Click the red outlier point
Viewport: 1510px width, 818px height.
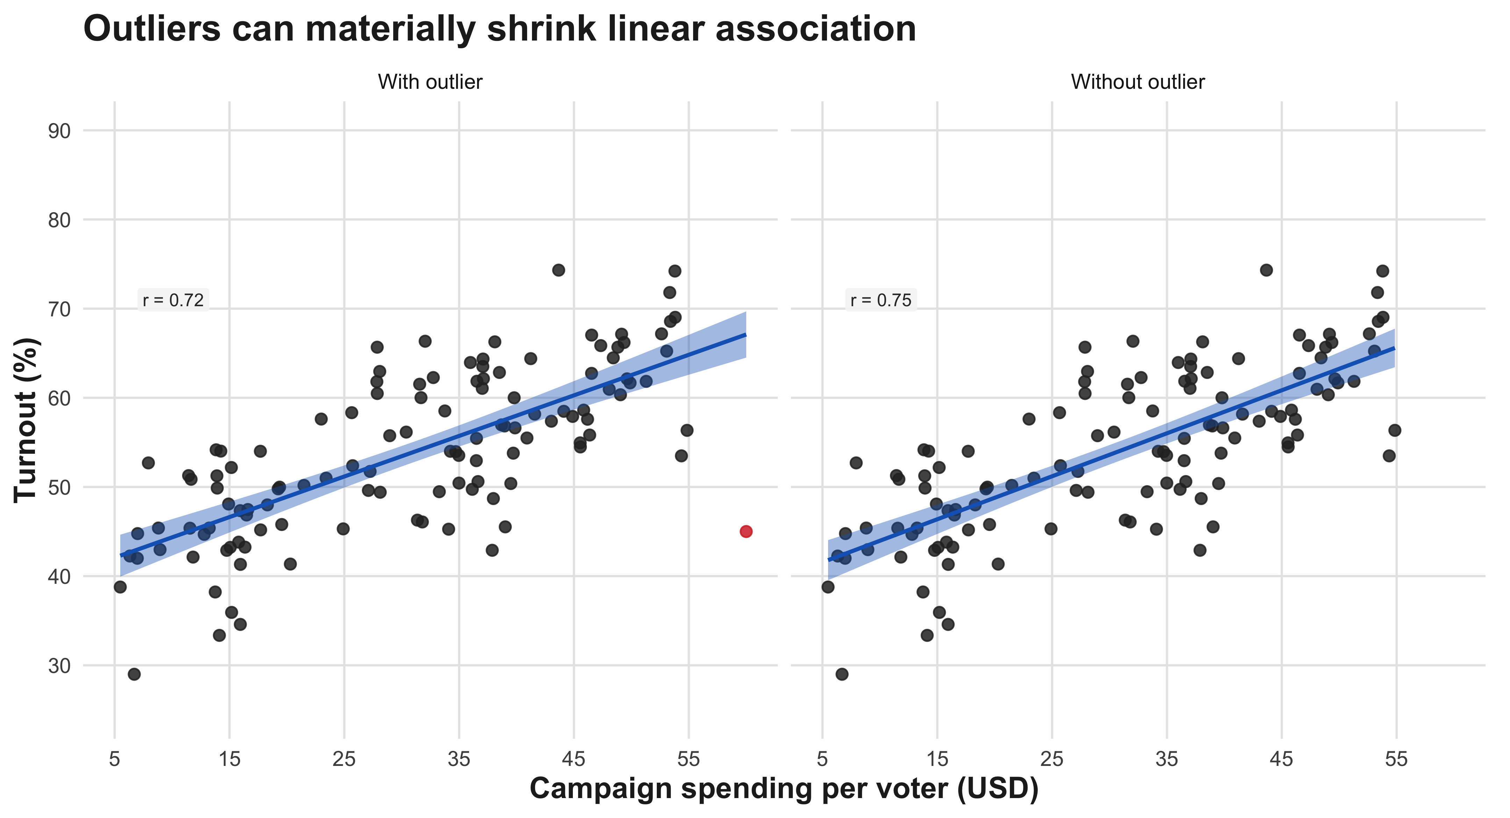click(746, 531)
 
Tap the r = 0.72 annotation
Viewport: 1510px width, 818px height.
click(173, 300)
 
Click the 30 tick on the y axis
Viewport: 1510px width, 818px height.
click(59, 666)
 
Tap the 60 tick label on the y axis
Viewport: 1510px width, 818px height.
click(59, 398)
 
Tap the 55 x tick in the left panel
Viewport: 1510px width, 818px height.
click(688, 760)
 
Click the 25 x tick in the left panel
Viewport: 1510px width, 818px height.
click(344, 760)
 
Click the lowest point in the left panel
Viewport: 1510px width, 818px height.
click(134, 674)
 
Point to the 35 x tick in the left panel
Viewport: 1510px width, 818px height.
click(459, 760)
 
